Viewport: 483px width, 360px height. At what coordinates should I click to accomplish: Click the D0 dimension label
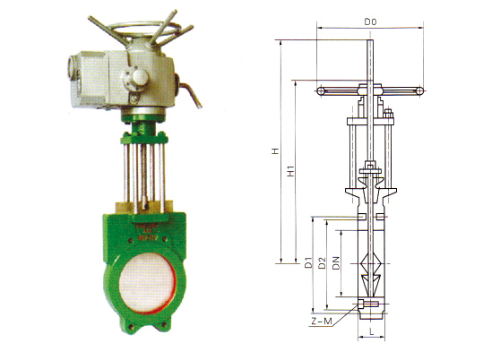tap(370, 21)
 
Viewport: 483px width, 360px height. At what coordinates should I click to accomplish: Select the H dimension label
tap(275, 151)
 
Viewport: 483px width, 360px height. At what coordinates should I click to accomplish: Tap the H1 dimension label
tap(290, 171)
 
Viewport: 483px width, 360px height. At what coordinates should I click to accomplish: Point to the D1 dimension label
tap(308, 262)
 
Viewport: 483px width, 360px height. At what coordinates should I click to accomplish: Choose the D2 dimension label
tap(322, 262)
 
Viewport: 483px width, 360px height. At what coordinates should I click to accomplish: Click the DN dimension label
tap(336, 262)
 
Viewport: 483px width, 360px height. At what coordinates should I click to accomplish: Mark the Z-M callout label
tap(322, 321)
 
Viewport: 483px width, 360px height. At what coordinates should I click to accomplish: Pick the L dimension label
tap(372, 331)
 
